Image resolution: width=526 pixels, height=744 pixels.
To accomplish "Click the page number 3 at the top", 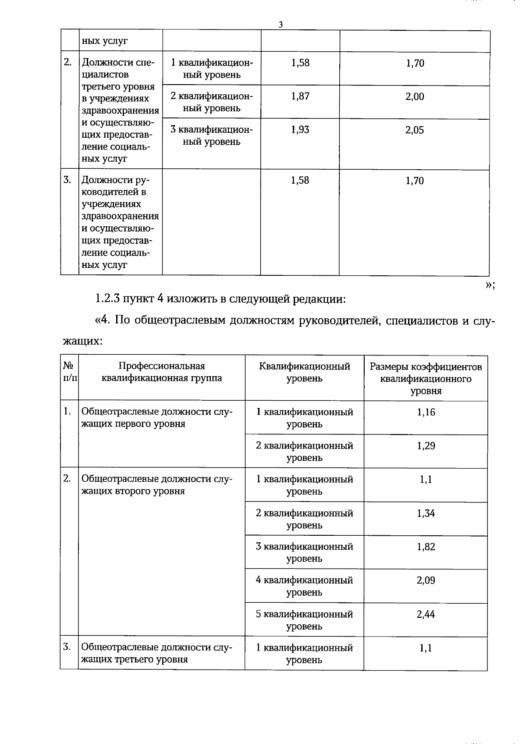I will click(281, 25).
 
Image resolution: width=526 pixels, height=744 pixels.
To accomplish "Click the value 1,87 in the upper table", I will click(300, 96).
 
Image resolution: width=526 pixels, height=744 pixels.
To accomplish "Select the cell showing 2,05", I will click(414, 130).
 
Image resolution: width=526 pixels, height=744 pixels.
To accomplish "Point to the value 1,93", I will click(300, 130).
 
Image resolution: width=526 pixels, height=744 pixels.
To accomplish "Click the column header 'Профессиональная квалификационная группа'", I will click(162, 372).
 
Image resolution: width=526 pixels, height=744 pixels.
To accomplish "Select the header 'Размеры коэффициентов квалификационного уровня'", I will click(426, 378).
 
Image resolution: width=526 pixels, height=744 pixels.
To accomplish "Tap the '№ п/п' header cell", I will click(69, 372).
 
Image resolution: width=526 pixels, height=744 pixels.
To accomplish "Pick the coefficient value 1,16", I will click(426, 412).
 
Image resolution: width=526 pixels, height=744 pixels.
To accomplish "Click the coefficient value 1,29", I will click(426, 446).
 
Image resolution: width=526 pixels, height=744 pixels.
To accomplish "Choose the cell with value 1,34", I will click(426, 513).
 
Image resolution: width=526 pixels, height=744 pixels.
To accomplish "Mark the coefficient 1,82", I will click(426, 547).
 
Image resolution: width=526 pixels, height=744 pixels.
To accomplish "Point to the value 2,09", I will click(426, 580).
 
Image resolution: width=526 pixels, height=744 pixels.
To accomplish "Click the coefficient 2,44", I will click(426, 614).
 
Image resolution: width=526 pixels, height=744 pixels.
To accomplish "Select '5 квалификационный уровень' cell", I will click(304, 620).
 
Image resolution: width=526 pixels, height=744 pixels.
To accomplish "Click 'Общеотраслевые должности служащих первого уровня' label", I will click(157, 418).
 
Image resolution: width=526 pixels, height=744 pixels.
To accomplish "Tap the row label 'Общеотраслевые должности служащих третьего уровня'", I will click(157, 653).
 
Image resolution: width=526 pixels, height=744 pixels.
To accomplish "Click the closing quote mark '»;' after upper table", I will click(490, 285).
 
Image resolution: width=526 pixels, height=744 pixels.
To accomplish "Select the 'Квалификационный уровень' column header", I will click(304, 372).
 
